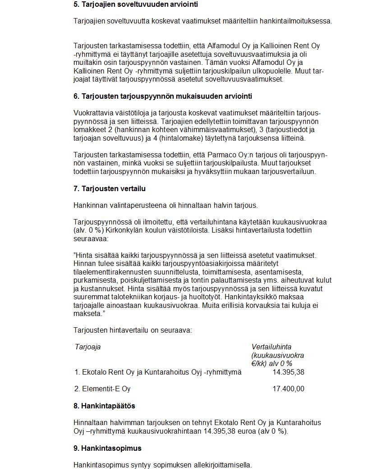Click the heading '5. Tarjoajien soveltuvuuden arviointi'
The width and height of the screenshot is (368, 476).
pyautogui.click(x=135, y=5)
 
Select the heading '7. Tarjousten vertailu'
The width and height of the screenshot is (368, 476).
pyautogui.click(x=110, y=188)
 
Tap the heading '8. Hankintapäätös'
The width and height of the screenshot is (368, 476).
pyautogui.click(x=104, y=406)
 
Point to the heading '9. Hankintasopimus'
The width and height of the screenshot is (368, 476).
pyautogui.click(x=107, y=449)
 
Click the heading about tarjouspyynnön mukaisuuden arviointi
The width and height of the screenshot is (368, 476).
pyautogui.click(x=163, y=96)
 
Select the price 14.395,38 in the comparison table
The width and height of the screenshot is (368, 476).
pyautogui.click(x=288, y=372)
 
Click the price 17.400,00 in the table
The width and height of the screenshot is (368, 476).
pyautogui.click(x=288, y=389)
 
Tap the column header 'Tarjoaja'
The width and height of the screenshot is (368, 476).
pyautogui.click(x=87, y=347)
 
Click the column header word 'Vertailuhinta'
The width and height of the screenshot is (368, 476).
pyautogui.click(x=271, y=347)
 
